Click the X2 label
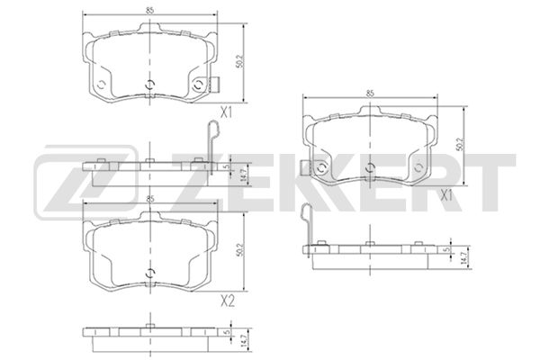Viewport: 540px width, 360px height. pyautogui.click(x=228, y=301)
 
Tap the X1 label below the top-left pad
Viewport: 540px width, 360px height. pyautogui.click(x=226, y=112)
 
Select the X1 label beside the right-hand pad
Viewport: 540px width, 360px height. pyautogui.click(x=446, y=196)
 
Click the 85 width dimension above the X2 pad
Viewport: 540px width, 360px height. pyautogui.click(x=149, y=199)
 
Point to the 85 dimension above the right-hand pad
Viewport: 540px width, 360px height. pyautogui.click(x=370, y=93)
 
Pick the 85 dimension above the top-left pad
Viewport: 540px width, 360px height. pyautogui.click(x=149, y=10)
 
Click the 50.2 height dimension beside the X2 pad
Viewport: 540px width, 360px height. pyautogui.click(x=240, y=250)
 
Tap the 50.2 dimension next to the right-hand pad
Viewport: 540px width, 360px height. pyautogui.click(x=461, y=145)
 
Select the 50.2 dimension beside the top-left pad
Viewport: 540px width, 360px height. pyautogui.click(x=240, y=61)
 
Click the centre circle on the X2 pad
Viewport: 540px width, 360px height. pyautogui.click(x=149, y=273)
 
